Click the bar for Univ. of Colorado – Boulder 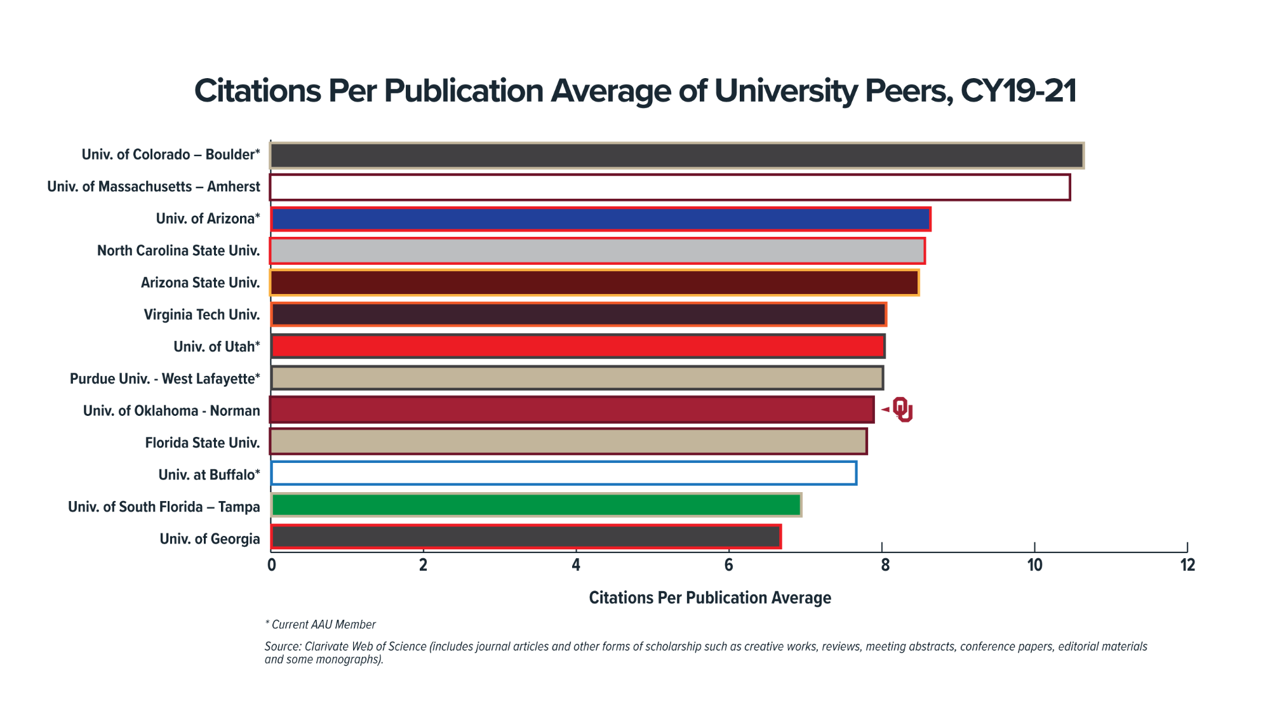[x=677, y=156]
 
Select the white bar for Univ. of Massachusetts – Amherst [x=670, y=187]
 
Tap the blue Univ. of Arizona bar [x=600, y=219]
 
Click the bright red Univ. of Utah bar [x=577, y=346]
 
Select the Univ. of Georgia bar [x=525, y=537]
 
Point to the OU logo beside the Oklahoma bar [x=902, y=410]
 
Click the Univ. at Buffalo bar [x=563, y=473]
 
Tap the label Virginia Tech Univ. [x=201, y=315]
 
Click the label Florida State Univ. [x=202, y=443]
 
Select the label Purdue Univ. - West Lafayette [x=164, y=379]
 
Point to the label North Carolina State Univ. [x=178, y=251]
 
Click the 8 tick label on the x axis [x=885, y=565]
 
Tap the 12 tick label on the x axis [x=1187, y=565]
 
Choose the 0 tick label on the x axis [x=272, y=565]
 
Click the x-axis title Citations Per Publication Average [x=709, y=598]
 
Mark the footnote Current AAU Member [x=323, y=625]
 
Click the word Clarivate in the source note [x=326, y=646]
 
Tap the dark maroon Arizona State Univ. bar [x=594, y=283]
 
